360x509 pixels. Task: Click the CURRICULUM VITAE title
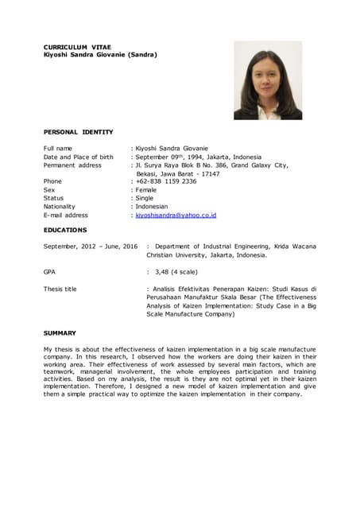coord(77,47)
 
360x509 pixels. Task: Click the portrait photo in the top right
coord(268,80)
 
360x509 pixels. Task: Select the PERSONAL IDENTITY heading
coord(78,132)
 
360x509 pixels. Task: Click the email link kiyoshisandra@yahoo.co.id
coord(176,216)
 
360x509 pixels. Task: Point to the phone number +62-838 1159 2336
coord(166,181)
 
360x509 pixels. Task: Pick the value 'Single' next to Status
coord(147,199)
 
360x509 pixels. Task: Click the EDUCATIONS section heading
coord(65,230)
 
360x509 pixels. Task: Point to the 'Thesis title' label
coord(60,289)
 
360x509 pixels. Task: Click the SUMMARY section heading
coord(60,333)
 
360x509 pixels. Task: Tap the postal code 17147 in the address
coord(208,173)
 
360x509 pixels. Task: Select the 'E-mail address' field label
coord(65,216)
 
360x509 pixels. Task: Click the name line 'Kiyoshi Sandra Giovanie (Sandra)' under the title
coord(100,55)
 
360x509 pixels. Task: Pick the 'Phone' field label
coord(52,181)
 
